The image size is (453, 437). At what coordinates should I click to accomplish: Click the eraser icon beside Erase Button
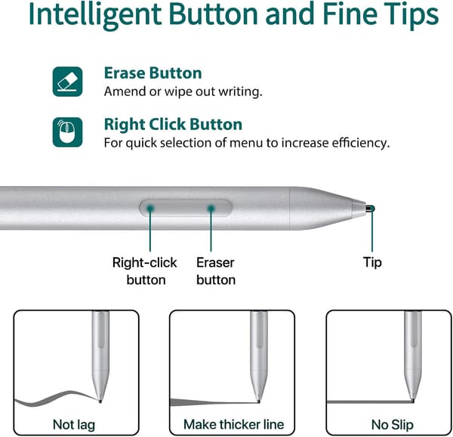click(67, 82)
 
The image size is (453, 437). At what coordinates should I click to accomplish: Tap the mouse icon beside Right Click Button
click(67, 132)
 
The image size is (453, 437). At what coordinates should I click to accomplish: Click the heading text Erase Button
click(153, 73)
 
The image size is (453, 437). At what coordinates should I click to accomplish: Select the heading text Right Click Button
click(173, 124)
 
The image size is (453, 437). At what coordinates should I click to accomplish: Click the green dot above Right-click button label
click(150, 208)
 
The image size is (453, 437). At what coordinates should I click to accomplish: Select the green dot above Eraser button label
click(211, 208)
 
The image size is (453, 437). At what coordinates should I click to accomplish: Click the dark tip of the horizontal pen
click(370, 209)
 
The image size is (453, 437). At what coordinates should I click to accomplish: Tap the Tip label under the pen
click(372, 262)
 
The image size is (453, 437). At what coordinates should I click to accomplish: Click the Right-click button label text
click(145, 271)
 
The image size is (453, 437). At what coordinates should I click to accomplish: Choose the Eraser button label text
click(216, 271)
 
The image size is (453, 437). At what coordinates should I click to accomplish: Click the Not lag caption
click(74, 425)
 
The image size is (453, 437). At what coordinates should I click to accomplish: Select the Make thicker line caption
click(234, 424)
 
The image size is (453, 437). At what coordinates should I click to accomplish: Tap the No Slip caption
click(393, 425)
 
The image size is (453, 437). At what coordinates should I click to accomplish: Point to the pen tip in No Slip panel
click(412, 400)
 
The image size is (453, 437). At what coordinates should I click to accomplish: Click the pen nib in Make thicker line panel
click(258, 401)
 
